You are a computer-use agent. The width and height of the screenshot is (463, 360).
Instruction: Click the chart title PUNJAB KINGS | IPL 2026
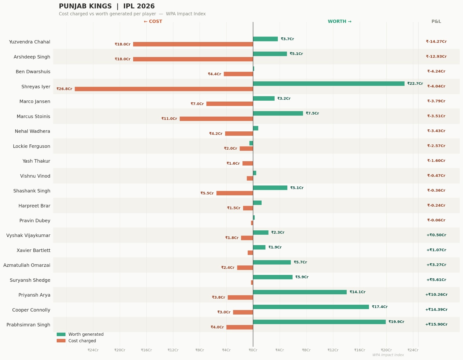107,6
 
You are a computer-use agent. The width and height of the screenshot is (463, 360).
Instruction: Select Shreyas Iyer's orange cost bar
164,89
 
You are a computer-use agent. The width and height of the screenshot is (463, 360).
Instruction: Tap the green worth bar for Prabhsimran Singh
319,322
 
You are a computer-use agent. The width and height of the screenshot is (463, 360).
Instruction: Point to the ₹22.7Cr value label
415,84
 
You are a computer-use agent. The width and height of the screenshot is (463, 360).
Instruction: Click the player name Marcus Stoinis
34,117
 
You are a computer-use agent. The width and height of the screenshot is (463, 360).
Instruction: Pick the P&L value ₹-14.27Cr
436,42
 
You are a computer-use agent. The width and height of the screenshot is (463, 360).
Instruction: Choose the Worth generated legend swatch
61,335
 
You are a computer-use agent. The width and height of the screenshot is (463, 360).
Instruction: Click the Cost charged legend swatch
61,341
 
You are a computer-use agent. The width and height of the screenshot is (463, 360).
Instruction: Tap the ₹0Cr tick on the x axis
253,350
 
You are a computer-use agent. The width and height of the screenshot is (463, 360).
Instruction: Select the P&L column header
436,21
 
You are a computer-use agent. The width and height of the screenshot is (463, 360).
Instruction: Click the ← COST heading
153,21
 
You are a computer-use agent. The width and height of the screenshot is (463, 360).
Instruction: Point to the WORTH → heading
340,21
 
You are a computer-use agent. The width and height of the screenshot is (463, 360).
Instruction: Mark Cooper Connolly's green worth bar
311,307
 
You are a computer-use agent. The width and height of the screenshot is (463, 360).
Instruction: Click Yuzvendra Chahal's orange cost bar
193,44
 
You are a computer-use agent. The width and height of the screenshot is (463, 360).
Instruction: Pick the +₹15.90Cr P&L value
436,324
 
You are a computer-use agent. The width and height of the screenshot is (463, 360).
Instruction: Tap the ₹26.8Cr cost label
64,89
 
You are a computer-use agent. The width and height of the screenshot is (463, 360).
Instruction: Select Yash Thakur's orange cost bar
248,164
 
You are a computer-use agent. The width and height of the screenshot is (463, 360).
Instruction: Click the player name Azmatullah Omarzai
27,265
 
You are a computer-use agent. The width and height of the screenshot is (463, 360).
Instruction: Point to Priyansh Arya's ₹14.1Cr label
358,292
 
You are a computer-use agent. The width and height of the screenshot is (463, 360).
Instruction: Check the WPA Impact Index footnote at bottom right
388,355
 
